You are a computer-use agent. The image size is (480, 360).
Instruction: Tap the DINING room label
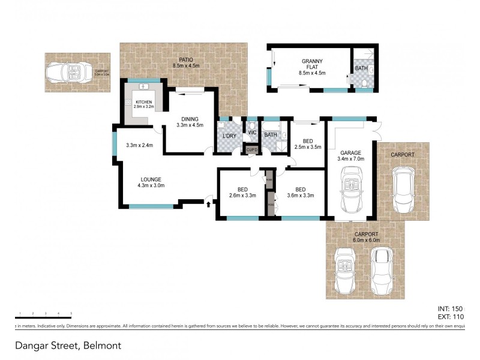click(190, 119)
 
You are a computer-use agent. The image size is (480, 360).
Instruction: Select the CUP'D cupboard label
click(251, 149)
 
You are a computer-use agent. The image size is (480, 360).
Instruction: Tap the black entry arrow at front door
click(208, 205)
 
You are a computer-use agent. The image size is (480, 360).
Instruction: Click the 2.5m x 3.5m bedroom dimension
click(308, 146)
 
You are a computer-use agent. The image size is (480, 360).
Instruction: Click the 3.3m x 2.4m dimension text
click(140, 145)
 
